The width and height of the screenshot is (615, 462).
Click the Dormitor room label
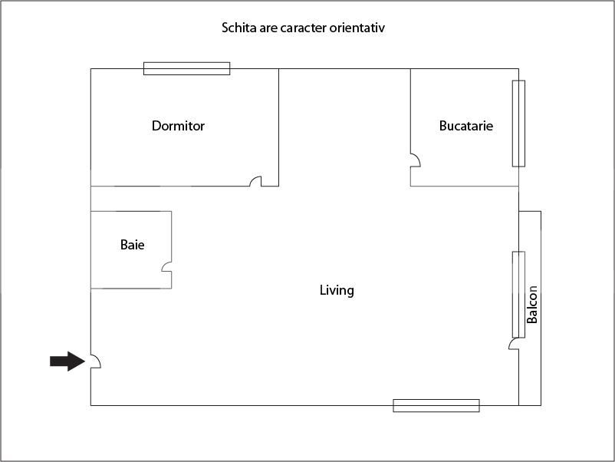coord(178,126)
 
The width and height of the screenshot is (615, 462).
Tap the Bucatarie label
coord(465,126)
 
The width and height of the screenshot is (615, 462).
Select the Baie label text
coord(132,245)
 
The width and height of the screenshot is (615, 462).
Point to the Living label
coord(337,290)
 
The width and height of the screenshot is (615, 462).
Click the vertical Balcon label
coord(532,305)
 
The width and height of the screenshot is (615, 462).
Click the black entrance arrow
coord(67,361)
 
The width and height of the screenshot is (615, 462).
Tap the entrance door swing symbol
coord(96,361)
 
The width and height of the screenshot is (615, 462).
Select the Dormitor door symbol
coord(256,182)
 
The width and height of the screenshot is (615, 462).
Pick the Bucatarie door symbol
coord(415,160)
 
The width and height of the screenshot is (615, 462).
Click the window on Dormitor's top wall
coord(186,68)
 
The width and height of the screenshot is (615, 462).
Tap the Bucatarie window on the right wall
coord(518,123)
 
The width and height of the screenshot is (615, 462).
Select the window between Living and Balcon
coord(518,294)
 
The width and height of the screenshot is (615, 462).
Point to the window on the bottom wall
coord(436,405)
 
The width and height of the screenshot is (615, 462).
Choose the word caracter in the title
coord(307,28)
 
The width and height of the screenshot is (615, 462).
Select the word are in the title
coord(268,28)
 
